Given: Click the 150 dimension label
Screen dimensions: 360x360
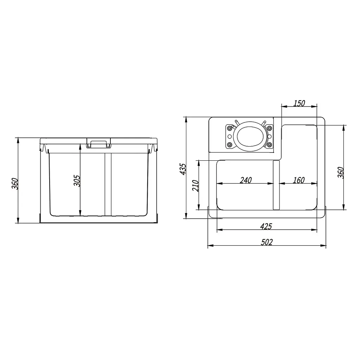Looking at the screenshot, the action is [x=299, y=103].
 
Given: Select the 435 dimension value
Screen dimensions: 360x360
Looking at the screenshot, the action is [x=183, y=169].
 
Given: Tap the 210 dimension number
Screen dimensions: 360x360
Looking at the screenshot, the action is [x=195, y=186].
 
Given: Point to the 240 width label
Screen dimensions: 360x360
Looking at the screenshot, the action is [x=246, y=180].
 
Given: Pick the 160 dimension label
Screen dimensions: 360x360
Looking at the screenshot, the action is [x=299, y=180].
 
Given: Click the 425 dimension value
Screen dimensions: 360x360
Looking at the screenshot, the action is [x=266, y=227].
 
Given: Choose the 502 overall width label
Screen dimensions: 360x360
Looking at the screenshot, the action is [x=267, y=242].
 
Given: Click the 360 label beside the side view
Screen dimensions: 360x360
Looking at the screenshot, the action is [x=15, y=184].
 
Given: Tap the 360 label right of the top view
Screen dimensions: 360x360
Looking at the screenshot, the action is [x=341, y=173].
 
